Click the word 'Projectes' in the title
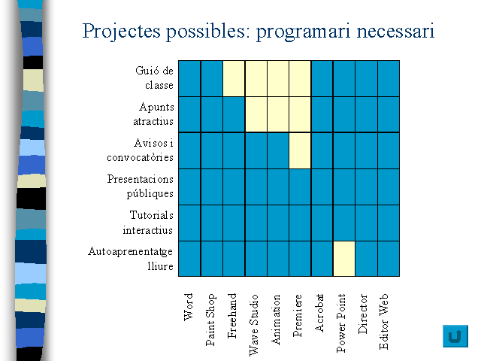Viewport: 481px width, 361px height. pos(122,32)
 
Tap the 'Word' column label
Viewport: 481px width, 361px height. pos(188,307)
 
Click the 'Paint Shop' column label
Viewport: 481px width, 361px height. pos(210,320)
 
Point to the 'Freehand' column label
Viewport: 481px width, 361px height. pos(232,316)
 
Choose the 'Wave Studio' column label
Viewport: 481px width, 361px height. pos(254,325)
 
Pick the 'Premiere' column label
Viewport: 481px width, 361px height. pos(298,315)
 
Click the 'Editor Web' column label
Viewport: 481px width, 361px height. pos(384,321)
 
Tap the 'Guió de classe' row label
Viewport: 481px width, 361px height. pos(155,78)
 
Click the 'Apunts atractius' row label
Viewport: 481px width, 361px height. pos(153,114)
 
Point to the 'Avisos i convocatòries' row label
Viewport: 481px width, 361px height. pos(141,150)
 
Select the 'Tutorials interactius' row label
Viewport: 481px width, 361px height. pos(148,223)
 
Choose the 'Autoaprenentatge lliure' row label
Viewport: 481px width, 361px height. pos(131,259)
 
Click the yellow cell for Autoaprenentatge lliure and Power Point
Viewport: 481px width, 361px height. pos(344,259)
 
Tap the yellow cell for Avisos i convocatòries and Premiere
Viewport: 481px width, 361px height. pos(300,150)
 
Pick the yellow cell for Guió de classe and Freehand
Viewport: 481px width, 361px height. pos(234,78)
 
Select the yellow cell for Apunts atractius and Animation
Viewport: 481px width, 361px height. pos(278,114)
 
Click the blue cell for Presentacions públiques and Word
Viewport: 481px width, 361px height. pos(189,187)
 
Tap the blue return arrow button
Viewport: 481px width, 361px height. pos(455,336)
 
